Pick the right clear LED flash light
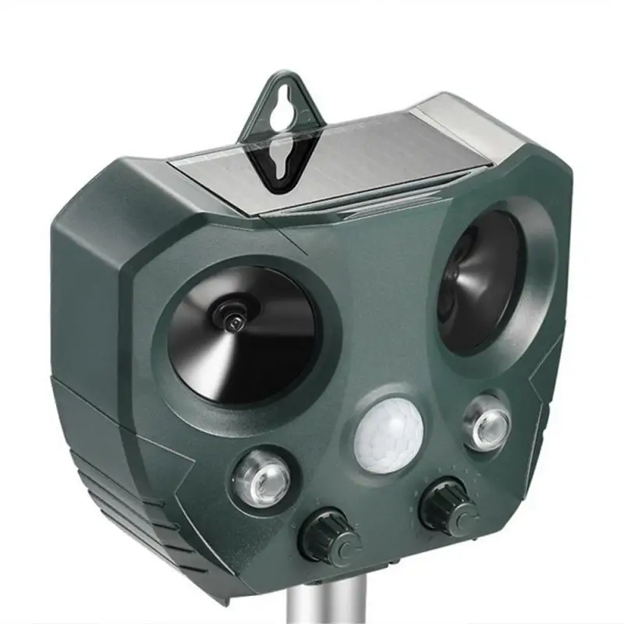click(487, 422)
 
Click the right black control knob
click(448, 508)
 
